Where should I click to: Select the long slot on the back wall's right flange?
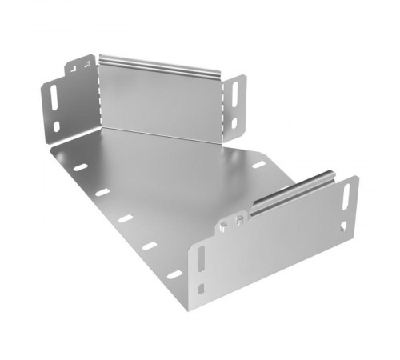pyautogui.click(x=238, y=95)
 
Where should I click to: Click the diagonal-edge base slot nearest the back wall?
pyautogui.click(x=80, y=167)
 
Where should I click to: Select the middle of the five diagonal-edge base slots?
pyautogui.click(x=124, y=218)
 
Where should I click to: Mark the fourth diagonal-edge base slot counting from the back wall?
pyautogui.click(x=149, y=245)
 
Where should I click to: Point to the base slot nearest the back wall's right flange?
pyautogui.click(x=258, y=165)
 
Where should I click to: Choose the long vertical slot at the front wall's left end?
pyautogui.click(x=201, y=260)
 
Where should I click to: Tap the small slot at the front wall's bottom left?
pyautogui.click(x=202, y=288)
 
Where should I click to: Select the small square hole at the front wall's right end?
pyautogui.click(x=345, y=226)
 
